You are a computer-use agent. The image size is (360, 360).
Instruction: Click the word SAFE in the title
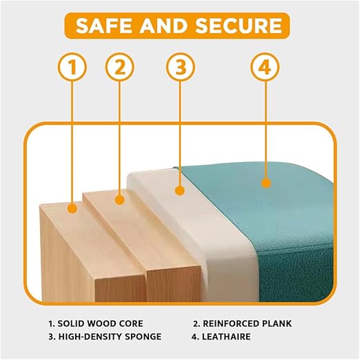click(105, 26)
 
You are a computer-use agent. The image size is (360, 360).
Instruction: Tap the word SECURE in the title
click(239, 26)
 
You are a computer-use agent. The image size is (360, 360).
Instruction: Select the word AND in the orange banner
click(164, 26)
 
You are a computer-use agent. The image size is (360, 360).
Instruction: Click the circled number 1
click(72, 67)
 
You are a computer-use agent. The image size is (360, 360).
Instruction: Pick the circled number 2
click(119, 67)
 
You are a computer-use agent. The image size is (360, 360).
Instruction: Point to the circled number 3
click(181, 67)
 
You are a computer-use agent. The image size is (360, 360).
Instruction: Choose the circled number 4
click(265, 67)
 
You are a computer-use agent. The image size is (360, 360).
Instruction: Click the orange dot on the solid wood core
click(72, 209)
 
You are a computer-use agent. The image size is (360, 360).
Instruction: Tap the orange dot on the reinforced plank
click(119, 199)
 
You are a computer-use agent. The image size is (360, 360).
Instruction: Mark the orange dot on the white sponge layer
click(180, 190)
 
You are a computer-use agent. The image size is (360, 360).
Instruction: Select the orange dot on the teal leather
click(266, 183)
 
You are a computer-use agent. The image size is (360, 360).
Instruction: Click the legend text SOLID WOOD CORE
click(100, 323)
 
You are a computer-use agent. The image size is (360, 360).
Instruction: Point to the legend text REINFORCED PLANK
click(247, 323)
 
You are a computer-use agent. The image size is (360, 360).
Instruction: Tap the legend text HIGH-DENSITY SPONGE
click(110, 337)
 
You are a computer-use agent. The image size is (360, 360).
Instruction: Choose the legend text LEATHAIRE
click(226, 337)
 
